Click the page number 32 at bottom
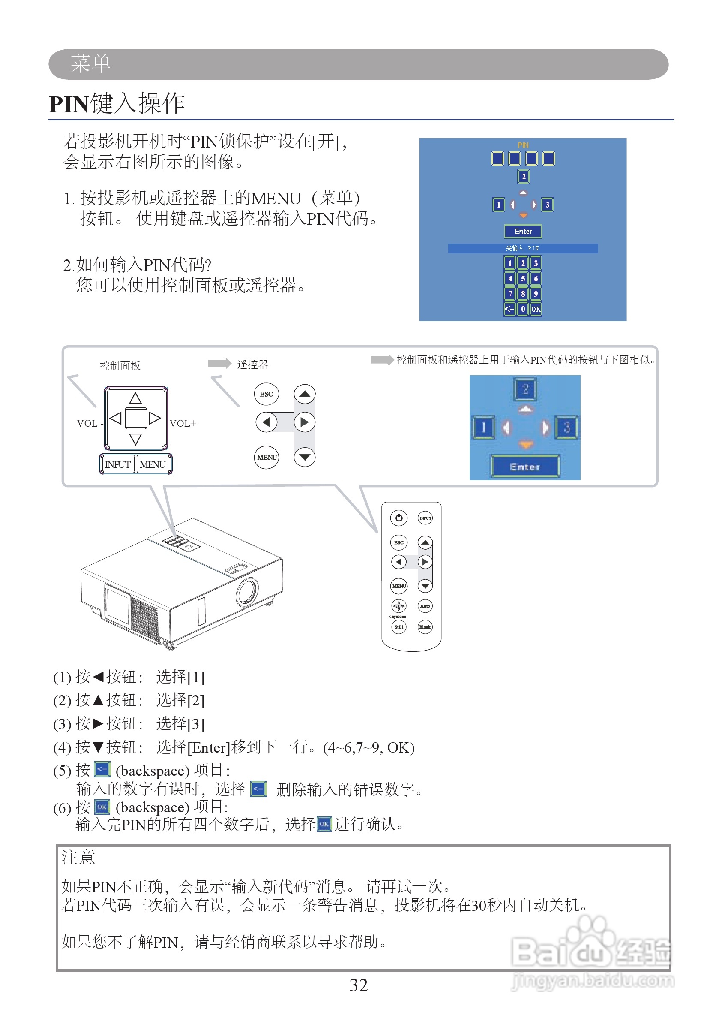point(358,985)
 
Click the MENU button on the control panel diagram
point(153,464)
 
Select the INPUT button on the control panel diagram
point(117,464)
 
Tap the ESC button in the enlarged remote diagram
point(266,394)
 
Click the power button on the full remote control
point(398,518)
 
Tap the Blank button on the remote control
point(425,627)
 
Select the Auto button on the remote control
point(425,606)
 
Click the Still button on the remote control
point(398,627)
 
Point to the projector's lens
point(247,592)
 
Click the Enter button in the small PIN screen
point(523,231)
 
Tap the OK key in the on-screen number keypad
point(536,309)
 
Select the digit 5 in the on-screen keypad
point(523,278)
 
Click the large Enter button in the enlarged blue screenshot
point(525,467)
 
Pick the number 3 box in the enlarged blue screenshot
point(566,428)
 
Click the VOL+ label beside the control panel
point(183,423)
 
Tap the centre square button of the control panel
point(135,418)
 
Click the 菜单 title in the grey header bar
point(91,63)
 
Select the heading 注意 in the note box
point(78,857)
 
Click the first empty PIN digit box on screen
point(497,158)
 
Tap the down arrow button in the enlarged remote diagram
point(304,457)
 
